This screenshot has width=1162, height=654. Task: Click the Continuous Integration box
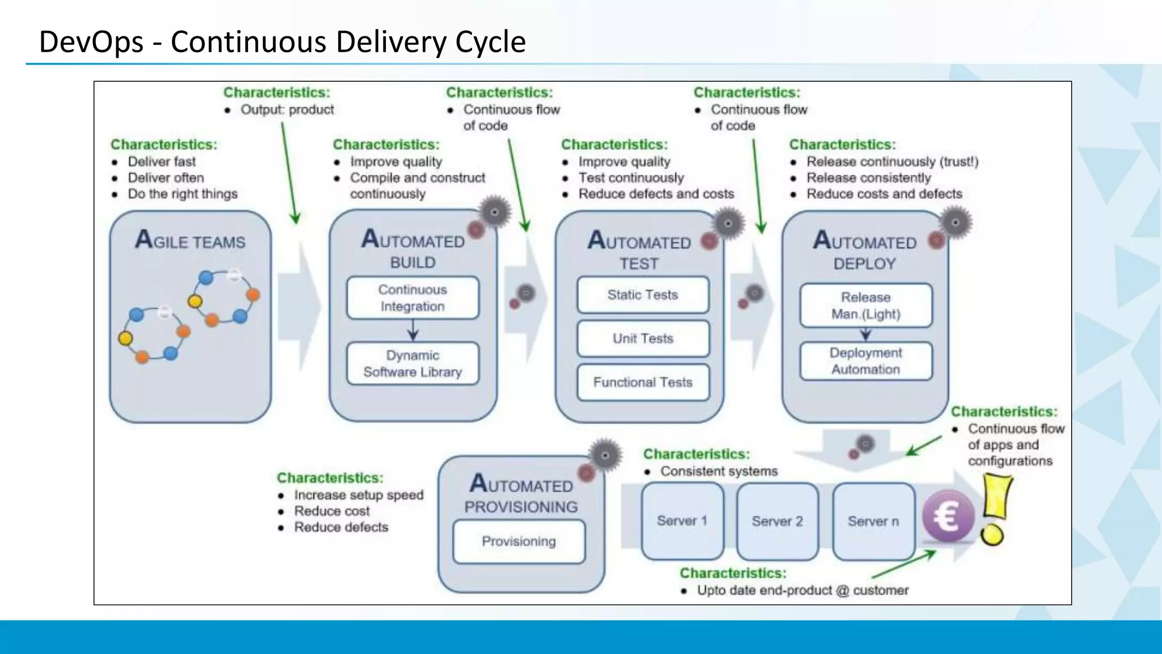(412, 298)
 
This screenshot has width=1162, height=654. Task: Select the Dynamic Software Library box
(412, 363)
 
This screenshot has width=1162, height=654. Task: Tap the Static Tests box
(643, 295)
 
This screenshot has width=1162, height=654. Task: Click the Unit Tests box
(643, 338)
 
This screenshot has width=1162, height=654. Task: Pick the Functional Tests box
(643, 382)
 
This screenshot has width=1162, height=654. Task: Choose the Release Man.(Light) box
(866, 305)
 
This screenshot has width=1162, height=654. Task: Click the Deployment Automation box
(866, 361)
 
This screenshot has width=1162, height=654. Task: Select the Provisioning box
(519, 541)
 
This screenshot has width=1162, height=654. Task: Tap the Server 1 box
(682, 521)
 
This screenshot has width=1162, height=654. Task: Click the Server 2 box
(777, 521)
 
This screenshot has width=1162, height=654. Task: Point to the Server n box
(873, 521)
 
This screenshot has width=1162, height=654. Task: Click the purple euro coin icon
(948, 516)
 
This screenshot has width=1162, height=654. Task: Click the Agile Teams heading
(190, 240)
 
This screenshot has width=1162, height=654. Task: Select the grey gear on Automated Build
(495, 212)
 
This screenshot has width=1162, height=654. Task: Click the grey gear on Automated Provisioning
(605, 455)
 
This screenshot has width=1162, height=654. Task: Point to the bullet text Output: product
(287, 110)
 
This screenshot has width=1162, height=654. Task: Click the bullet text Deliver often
(166, 178)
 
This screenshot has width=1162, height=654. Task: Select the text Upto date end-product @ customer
(802, 590)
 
